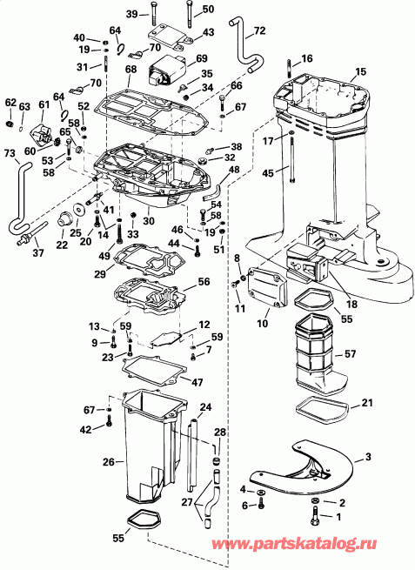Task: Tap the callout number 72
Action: (259, 32)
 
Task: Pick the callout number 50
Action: (207, 10)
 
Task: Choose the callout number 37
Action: (37, 253)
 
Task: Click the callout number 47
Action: (197, 382)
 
